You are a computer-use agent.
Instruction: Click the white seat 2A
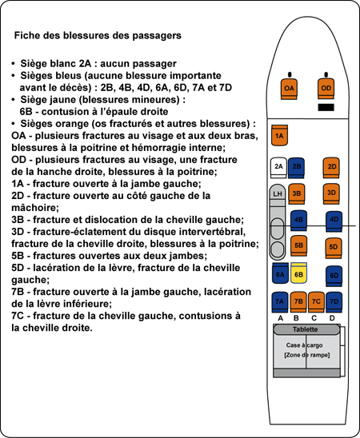click(278, 168)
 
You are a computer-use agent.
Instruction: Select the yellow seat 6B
click(298, 273)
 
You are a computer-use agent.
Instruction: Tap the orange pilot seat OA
click(289, 89)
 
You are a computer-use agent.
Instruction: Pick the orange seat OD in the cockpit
click(326, 89)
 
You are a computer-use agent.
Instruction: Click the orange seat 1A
click(279, 135)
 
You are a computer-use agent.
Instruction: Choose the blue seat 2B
click(296, 168)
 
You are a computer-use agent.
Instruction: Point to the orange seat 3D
click(331, 194)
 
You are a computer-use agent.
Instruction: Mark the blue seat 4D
click(334, 221)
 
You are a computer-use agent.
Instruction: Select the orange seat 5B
click(298, 246)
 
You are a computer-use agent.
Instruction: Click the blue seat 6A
click(280, 273)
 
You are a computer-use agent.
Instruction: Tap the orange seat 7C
click(316, 302)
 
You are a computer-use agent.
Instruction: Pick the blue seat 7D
click(334, 302)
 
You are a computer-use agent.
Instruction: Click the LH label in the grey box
click(278, 193)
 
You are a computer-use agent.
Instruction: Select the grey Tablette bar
click(306, 329)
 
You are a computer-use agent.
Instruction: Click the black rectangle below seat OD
click(326, 107)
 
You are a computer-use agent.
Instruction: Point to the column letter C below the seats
click(314, 318)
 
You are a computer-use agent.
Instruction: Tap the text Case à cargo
click(304, 345)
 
